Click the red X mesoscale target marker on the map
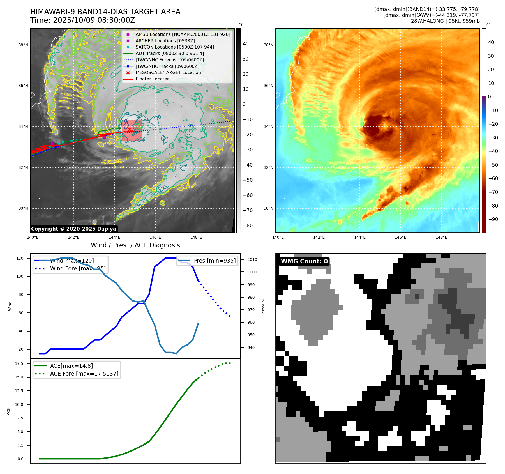point(130,130)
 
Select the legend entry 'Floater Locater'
point(152,79)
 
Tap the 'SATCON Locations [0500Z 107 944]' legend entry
point(175,47)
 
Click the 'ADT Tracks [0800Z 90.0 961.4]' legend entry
point(170,54)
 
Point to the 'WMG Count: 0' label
point(304,261)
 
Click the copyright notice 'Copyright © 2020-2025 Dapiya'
point(73,229)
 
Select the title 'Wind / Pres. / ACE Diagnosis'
point(135,245)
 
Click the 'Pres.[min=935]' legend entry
point(215,261)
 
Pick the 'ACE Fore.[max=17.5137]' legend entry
point(84,374)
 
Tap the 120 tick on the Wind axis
point(20,258)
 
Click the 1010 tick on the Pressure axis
point(252,259)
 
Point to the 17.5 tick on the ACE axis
point(19,363)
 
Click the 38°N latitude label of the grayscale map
point(23,45)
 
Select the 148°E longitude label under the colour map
point(441,237)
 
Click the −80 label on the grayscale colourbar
point(248,226)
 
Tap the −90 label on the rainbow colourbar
point(493,219)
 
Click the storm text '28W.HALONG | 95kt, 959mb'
point(445,21)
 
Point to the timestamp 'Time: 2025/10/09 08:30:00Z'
point(83,20)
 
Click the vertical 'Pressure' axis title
point(263,306)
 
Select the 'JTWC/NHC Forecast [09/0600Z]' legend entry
point(170,60)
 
